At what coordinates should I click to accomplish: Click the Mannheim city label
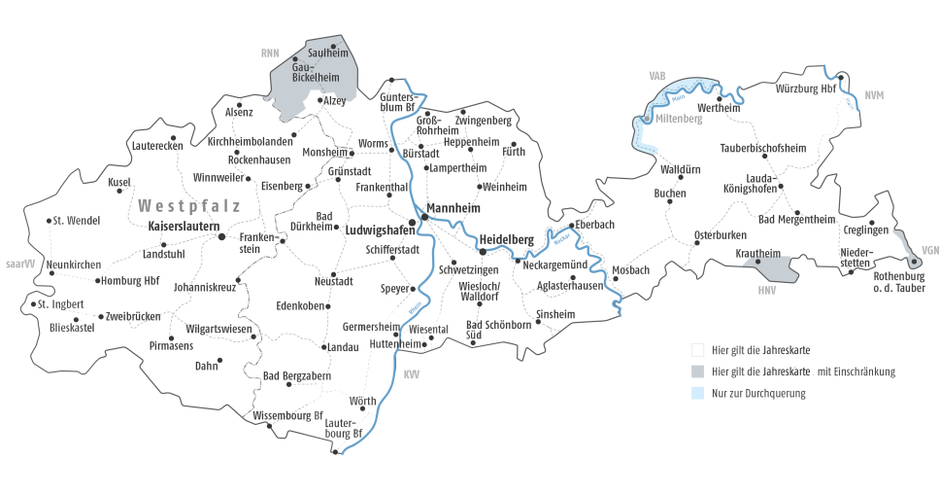455,207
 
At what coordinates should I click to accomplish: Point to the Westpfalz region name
189,205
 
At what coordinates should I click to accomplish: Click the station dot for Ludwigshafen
412,222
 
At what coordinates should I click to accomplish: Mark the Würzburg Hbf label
806,88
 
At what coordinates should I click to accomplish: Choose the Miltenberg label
679,118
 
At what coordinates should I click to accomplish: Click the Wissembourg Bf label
287,415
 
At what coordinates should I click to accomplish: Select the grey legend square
697,371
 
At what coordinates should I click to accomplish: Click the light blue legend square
697,393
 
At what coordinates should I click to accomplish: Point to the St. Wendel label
78,221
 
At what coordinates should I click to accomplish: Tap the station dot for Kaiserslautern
220,235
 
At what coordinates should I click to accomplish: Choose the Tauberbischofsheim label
763,148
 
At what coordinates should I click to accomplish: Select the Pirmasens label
172,345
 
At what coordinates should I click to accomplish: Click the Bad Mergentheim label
796,219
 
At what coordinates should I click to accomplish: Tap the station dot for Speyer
412,289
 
